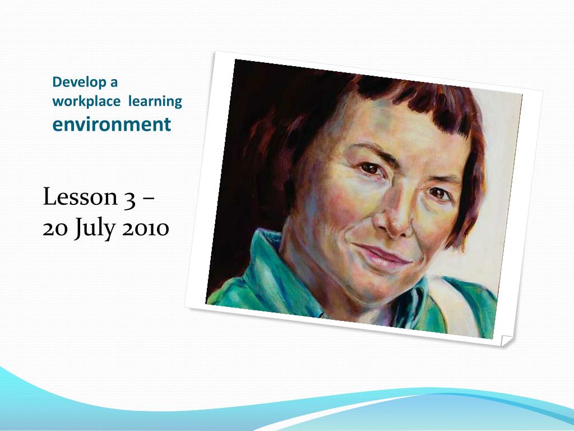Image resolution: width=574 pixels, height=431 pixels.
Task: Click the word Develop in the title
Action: [x=79, y=82]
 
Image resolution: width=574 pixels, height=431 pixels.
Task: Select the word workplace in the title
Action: [x=86, y=102]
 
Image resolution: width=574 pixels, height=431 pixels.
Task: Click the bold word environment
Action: [x=112, y=123]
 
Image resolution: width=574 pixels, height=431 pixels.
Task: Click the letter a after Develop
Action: [x=114, y=82]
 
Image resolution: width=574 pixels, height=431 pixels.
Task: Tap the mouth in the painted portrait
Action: [x=384, y=255]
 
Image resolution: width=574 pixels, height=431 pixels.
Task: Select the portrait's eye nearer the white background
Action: [x=440, y=194]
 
